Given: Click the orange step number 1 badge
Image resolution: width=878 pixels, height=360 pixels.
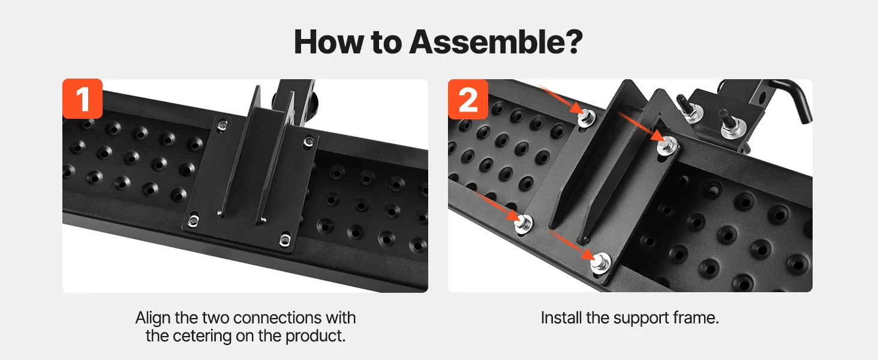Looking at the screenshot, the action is (82, 98).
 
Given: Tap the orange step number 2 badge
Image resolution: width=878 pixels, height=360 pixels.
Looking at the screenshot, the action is (468, 99).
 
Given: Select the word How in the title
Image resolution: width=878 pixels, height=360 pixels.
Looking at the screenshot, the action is (329, 42).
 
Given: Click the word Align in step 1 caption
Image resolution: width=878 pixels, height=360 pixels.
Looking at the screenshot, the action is (154, 318).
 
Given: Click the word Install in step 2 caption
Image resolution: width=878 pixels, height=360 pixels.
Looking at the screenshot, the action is (561, 317).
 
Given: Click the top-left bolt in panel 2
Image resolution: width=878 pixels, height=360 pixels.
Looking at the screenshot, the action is (585, 117).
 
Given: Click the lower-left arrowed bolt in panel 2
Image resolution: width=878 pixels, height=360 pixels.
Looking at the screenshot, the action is (524, 224).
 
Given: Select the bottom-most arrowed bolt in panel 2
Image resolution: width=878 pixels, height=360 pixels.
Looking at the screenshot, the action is (600, 263).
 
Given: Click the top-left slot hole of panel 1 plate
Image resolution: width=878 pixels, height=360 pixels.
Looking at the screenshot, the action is (222, 125).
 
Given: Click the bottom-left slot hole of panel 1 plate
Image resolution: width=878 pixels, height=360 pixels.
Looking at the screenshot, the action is (193, 221).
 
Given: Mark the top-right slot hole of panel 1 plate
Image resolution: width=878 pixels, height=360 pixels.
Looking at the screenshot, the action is (308, 141).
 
